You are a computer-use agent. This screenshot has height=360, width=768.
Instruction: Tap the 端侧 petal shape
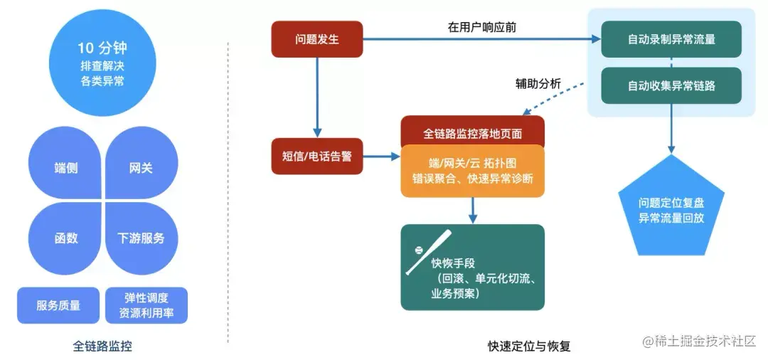tap(66, 168)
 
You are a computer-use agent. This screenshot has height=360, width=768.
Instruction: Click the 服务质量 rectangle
tap(58, 305)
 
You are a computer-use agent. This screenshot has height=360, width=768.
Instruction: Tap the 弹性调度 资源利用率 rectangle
tap(146, 305)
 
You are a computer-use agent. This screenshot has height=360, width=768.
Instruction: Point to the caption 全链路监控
tap(102, 346)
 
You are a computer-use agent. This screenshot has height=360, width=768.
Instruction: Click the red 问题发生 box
tap(317, 39)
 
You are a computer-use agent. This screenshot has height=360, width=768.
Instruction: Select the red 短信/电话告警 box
tap(317, 157)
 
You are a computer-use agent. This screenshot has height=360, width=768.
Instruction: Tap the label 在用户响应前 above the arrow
tap(482, 27)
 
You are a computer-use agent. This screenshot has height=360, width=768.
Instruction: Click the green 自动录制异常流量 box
tap(671, 39)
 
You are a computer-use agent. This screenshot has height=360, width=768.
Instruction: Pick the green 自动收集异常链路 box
tap(671, 85)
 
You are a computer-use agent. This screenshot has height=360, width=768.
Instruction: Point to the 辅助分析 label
tap(538, 84)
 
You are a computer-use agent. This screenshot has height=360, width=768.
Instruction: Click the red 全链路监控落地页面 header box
tap(473, 132)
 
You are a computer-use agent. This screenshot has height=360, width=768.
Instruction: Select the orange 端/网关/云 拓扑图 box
tap(473, 171)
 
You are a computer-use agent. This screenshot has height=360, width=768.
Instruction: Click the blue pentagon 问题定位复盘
tap(671, 211)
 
